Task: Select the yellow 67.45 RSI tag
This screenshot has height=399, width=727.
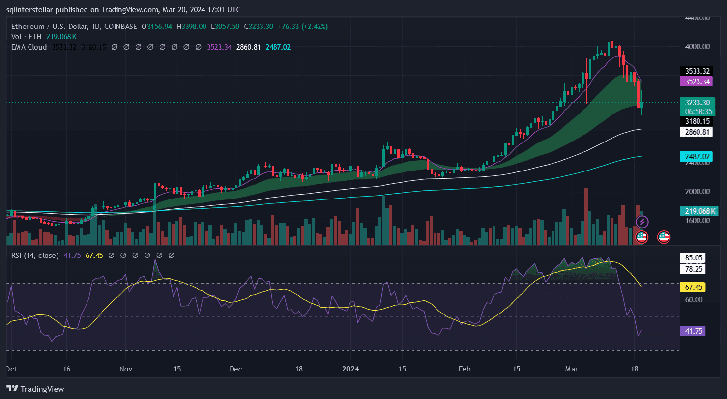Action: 693,287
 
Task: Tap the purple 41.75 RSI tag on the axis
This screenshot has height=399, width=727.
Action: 693,331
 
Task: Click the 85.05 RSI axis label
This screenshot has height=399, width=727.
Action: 693,257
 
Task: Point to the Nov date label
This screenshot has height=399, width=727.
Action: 126,369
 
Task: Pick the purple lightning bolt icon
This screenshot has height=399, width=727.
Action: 642,222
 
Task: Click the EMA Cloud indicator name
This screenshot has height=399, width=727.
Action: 29,47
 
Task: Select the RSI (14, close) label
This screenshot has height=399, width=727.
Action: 35,256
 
